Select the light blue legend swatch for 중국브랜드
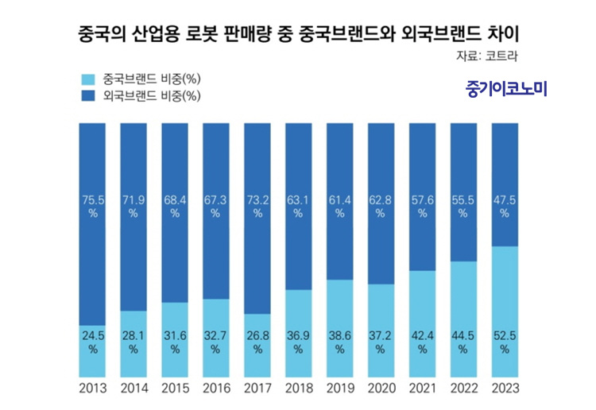point(87,79)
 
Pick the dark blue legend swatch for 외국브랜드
point(87,97)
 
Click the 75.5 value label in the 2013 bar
point(92,207)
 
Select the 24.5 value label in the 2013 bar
point(92,342)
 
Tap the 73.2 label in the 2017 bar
point(257,207)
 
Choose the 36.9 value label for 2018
point(298,342)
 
